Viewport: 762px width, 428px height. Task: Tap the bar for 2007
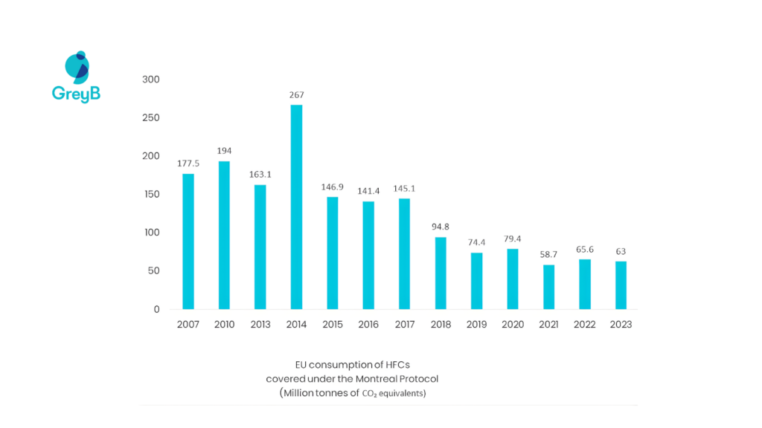pyautogui.click(x=188, y=241)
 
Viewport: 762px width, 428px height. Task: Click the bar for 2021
pyautogui.click(x=548, y=287)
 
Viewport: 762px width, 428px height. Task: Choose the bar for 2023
pyautogui.click(x=621, y=285)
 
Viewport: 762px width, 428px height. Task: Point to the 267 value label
pyautogui.click(x=296, y=95)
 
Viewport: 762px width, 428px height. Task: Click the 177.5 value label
pyautogui.click(x=188, y=163)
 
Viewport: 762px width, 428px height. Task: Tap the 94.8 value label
pyautogui.click(x=441, y=227)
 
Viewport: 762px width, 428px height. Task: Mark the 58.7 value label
pyautogui.click(x=548, y=254)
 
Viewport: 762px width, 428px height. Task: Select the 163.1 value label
pyautogui.click(x=260, y=175)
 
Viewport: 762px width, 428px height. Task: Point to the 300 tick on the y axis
pyautogui.click(x=151, y=80)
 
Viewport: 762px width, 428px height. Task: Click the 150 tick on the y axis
pyautogui.click(x=151, y=194)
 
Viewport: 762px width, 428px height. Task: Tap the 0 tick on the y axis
pyautogui.click(x=156, y=309)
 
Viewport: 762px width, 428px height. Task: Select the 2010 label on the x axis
pyautogui.click(x=224, y=325)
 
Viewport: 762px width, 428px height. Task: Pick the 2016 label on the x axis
pyautogui.click(x=368, y=325)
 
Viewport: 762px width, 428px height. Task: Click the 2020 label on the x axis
pyautogui.click(x=513, y=325)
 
